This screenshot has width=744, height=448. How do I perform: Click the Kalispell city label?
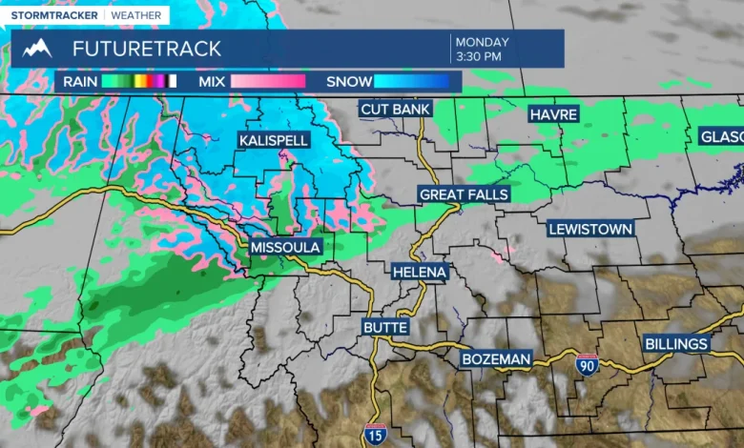pos(274,140)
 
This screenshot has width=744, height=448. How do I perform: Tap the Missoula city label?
pos(286,247)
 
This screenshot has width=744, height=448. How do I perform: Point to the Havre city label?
pos(554,114)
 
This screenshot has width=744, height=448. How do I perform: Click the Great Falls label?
pos(465,194)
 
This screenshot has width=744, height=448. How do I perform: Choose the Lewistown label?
pos(590,229)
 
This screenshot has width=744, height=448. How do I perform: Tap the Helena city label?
pos(420,272)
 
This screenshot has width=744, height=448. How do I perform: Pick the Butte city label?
pos(385,327)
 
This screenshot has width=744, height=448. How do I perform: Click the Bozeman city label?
pos(495,358)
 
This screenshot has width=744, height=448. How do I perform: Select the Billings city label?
pos(676,343)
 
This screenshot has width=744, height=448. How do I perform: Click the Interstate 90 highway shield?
pos(588,363)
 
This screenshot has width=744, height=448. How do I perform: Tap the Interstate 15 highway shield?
pos(376,435)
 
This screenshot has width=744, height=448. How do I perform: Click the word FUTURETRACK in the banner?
pos(147,49)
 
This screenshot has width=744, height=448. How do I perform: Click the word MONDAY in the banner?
pos(482,42)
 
